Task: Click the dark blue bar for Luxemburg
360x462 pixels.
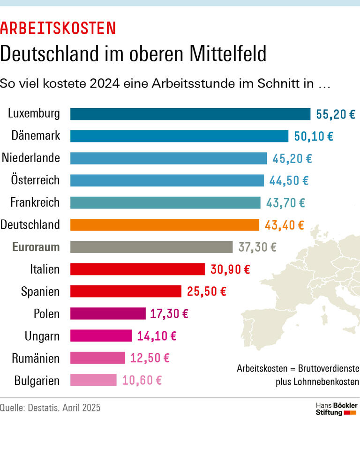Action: click(190, 114)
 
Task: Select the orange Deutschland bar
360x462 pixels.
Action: click(165, 225)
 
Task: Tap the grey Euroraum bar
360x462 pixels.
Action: click(151, 247)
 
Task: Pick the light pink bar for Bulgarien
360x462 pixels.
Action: click(93, 380)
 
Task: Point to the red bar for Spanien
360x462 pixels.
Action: click(126, 291)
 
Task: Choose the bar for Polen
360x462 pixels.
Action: click(108, 313)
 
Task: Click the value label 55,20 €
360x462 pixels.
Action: click(336, 114)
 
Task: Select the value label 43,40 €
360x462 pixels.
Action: click(284, 225)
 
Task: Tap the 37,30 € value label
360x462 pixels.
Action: click(257, 247)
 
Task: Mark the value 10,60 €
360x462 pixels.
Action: click(142, 380)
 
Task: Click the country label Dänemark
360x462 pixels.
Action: click(36, 136)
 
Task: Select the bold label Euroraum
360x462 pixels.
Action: click(36, 247)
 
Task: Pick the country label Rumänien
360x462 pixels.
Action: click(36, 358)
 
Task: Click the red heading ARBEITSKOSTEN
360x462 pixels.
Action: click(58, 29)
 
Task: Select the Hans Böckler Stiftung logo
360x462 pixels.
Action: click(336, 409)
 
